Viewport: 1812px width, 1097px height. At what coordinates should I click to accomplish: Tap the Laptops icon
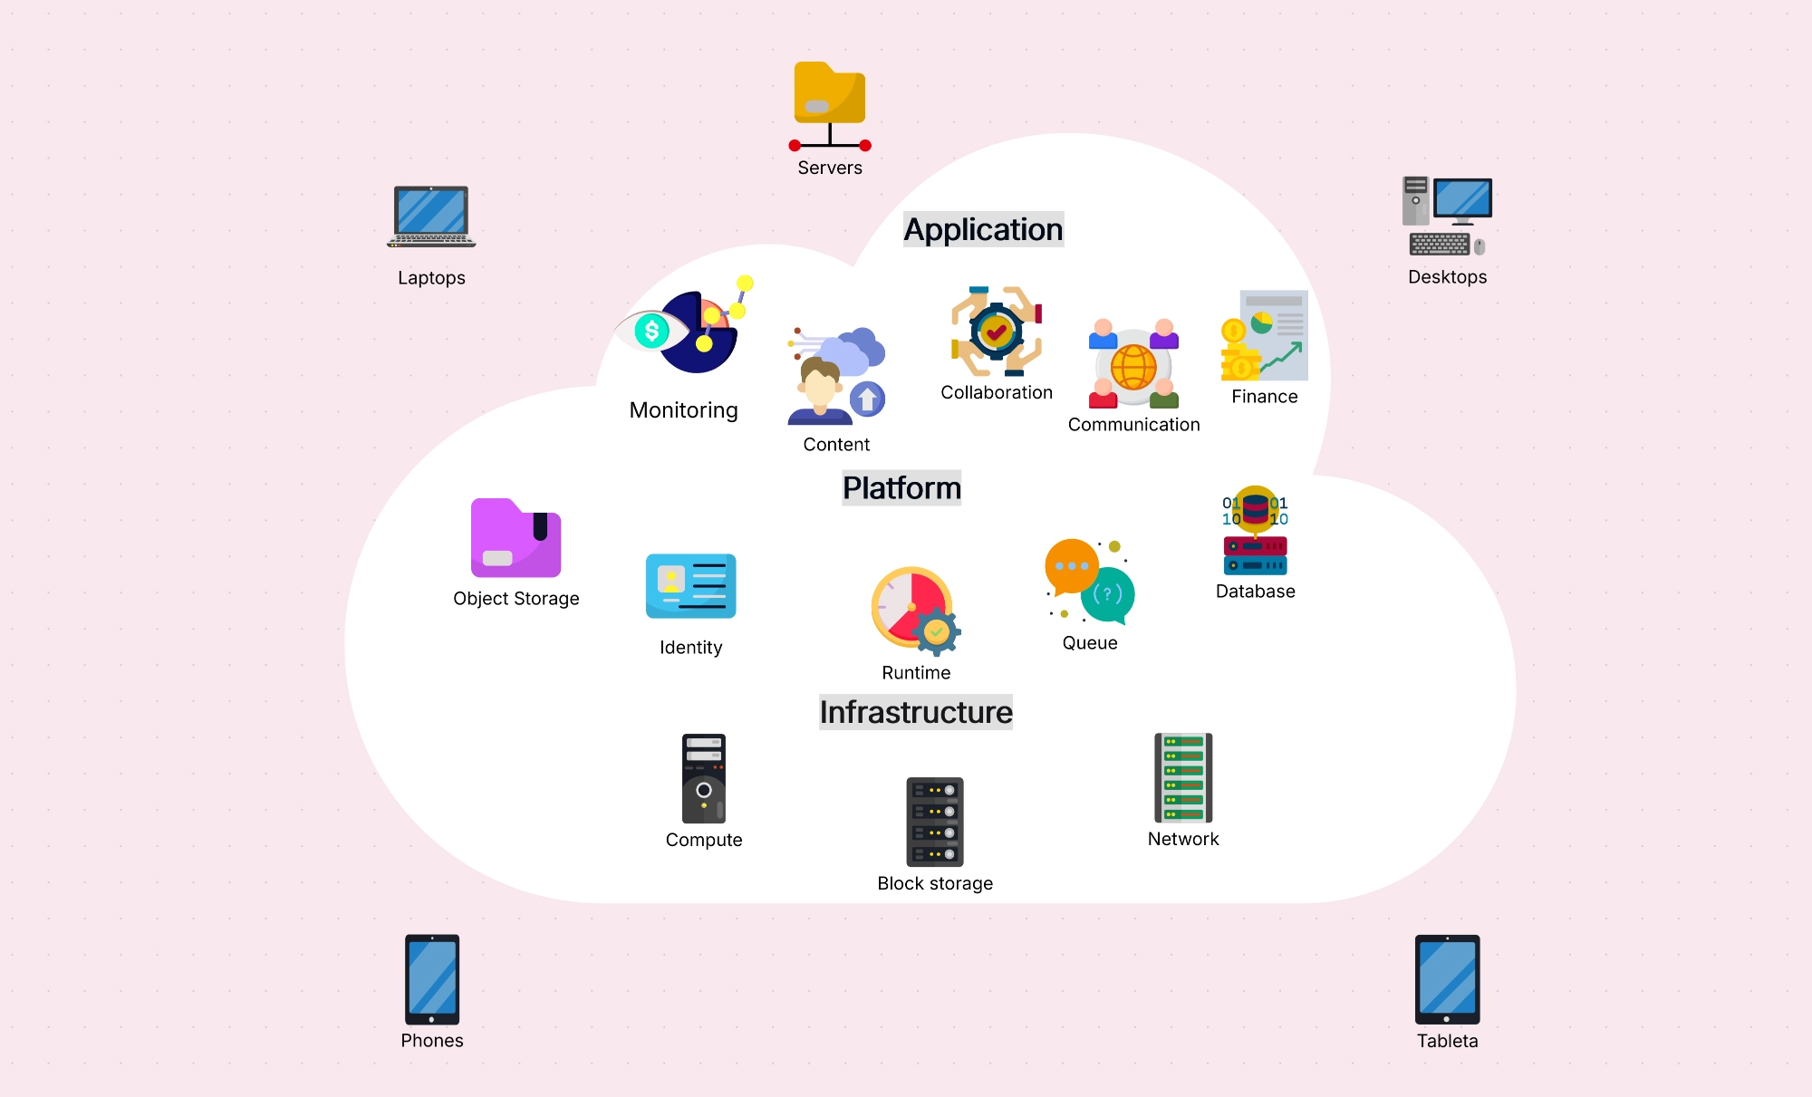point(431,217)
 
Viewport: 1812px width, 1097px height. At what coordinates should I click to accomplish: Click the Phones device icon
point(432,979)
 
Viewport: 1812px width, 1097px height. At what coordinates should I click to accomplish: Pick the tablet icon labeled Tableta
point(1447,979)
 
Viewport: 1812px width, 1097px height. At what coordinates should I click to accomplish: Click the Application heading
point(983,229)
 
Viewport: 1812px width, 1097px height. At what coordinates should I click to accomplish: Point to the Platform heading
point(901,487)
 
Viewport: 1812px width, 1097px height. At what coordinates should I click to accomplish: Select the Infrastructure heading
point(916,712)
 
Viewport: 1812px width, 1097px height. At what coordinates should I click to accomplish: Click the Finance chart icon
point(1265,335)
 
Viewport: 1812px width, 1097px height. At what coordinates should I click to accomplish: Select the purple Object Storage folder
point(516,538)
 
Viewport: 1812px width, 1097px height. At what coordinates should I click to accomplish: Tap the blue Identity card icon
point(690,586)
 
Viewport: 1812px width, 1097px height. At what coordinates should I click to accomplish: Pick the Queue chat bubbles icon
point(1089,581)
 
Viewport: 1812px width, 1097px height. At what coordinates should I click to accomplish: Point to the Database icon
point(1255,531)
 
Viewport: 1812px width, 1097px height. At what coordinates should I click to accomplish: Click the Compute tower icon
point(704,778)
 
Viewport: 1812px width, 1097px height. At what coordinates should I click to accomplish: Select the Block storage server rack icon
point(935,822)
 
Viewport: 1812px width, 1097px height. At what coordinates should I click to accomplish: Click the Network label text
point(1183,839)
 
